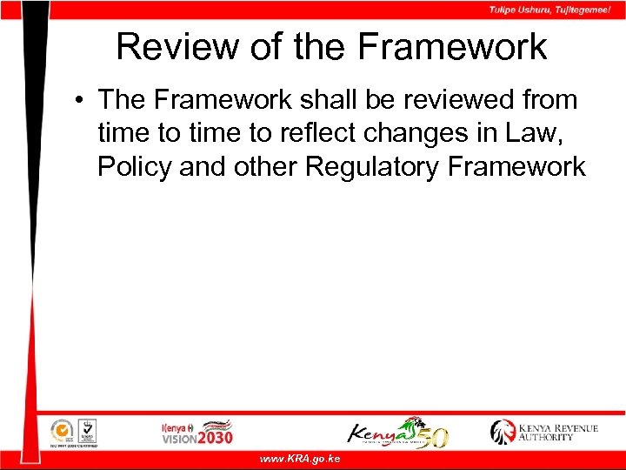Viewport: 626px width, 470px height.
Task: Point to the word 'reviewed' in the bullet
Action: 459,100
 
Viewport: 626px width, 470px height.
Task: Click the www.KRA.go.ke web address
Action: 300,459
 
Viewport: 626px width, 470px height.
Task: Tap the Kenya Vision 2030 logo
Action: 197,432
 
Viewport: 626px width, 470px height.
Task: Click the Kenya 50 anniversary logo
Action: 398,432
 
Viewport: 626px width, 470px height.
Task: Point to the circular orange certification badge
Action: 61,430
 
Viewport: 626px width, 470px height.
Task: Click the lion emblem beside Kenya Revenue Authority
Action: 503,432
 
